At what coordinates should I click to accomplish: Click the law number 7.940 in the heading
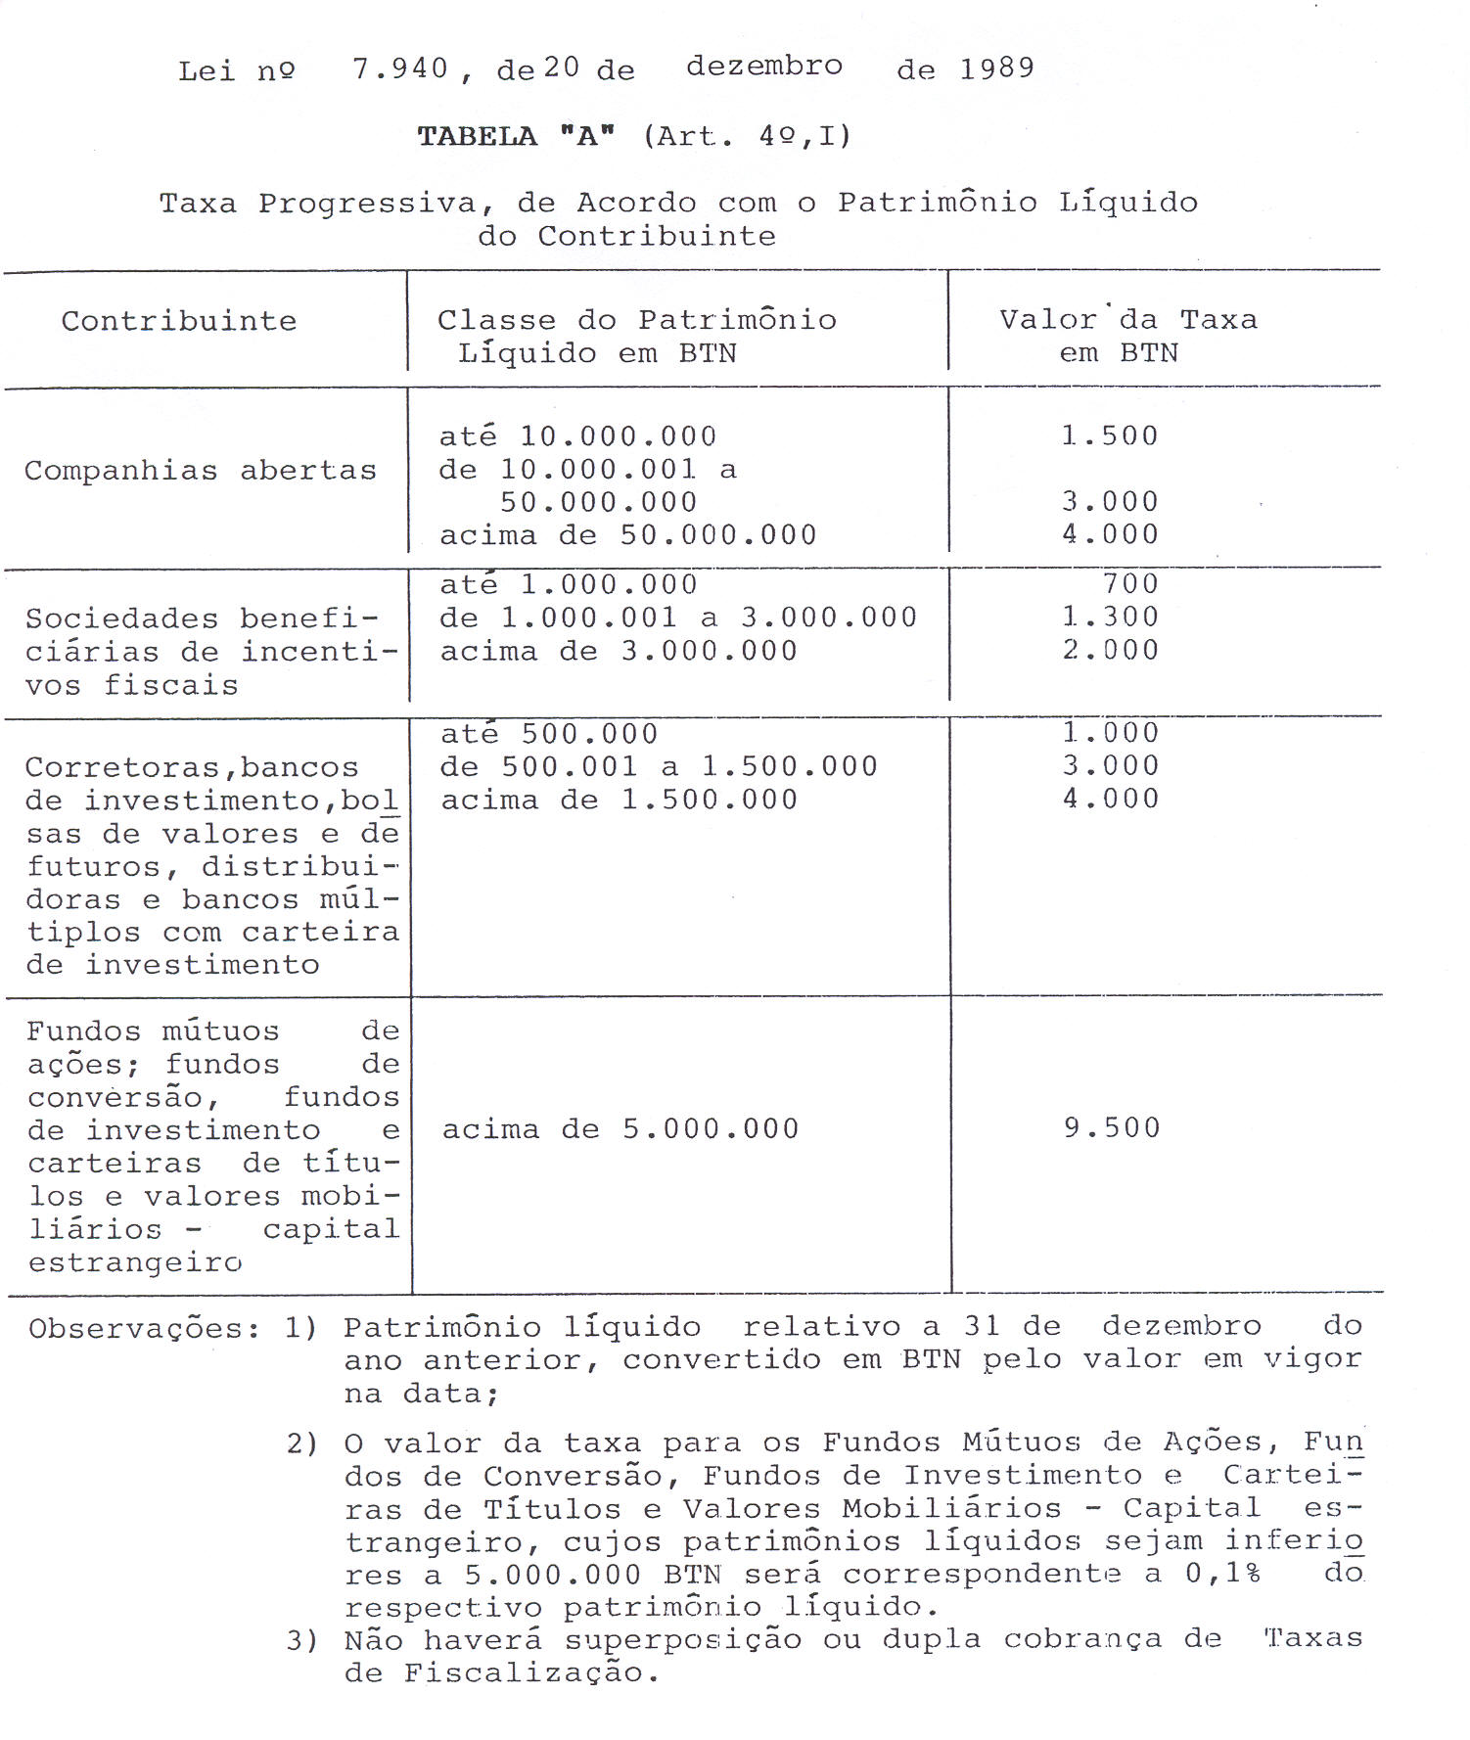coord(399,69)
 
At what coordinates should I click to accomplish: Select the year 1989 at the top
coord(996,69)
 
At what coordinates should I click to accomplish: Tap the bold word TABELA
coord(477,136)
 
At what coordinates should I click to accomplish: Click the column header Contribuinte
coord(179,321)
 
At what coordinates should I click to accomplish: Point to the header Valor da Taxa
coord(1127,320)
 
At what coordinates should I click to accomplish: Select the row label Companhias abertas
coord(201,471)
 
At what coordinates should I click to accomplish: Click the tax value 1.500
coord(1110,435)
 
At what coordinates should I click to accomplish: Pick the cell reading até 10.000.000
coord(577,435)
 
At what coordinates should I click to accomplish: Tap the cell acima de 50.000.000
coord(627,535)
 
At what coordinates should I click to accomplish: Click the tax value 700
coord(1130,584)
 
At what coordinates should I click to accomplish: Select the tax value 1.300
coord(1110,618)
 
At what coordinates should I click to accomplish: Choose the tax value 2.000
coord(1110,651)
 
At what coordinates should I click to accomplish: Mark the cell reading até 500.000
coord(549,734)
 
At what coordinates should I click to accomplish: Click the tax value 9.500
coord(1112,1128)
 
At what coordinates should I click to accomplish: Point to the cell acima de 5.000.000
coord(620,1129)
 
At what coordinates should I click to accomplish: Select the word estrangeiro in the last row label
coord(135,1262)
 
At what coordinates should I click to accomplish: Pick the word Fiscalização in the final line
coord(525,1673)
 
